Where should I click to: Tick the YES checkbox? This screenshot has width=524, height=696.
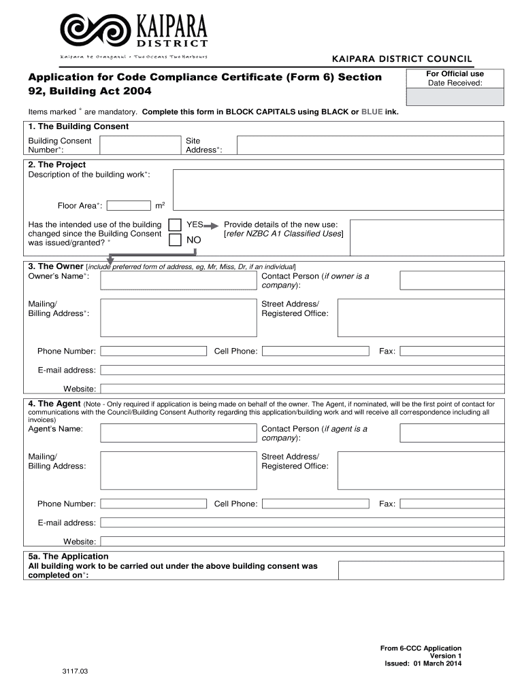175,225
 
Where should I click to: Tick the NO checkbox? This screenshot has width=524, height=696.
175,240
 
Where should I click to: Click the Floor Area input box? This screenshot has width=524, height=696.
129,205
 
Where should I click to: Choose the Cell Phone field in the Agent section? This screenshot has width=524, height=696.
315,504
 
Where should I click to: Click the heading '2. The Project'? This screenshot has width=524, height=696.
57,164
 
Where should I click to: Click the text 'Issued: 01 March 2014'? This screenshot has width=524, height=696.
423,664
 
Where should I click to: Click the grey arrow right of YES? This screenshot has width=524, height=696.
213,225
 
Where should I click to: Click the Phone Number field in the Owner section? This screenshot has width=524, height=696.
153,351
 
